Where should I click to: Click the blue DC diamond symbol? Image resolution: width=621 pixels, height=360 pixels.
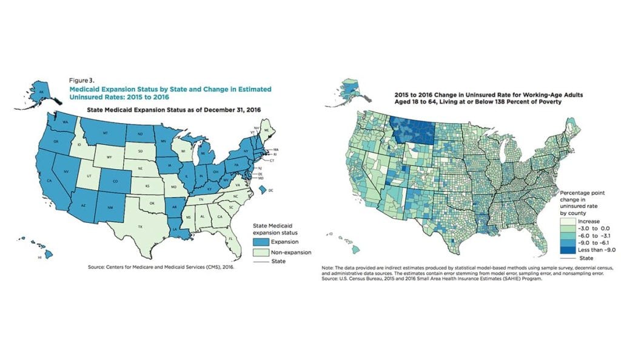pyautogui.click(x=264, y=190)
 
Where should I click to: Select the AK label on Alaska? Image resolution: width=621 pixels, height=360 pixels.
pyautogui.click(x=41, y=93)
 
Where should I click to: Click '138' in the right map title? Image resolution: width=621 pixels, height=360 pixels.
pyautogui.click(x=501, y=102)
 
